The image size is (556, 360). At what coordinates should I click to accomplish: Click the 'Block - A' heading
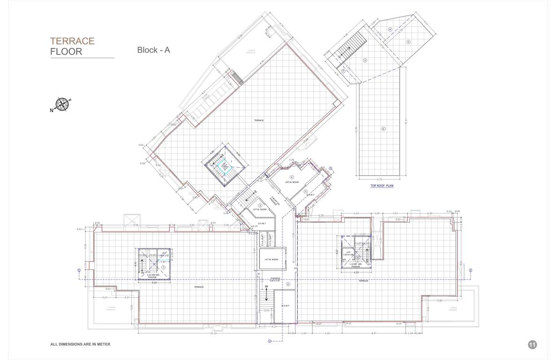[x=153, y=50]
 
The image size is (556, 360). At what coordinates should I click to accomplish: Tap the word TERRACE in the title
[x=73, y=41]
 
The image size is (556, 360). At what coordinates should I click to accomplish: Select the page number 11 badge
[x=532, y=345]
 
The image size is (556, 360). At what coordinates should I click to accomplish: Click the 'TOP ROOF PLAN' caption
[x=382, y=186]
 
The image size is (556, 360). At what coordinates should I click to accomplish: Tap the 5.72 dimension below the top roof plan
[x=380, y=180]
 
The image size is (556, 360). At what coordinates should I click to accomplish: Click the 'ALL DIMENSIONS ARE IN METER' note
[x=80, y=344]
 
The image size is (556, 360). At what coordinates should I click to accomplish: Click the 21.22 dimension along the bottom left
[x=214, y=333]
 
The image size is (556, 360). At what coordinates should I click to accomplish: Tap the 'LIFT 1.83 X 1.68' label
[x=348, y=254]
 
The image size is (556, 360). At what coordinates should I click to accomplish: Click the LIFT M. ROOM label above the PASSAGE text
[x=272, y=259]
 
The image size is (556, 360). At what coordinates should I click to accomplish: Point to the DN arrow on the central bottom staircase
[x=266, y=286]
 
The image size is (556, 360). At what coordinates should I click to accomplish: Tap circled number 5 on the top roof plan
[x=408, y=42]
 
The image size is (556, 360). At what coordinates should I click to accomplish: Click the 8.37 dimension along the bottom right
[x=373, y=333]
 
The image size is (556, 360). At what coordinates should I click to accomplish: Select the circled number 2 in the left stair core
[x=163, y=267]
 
